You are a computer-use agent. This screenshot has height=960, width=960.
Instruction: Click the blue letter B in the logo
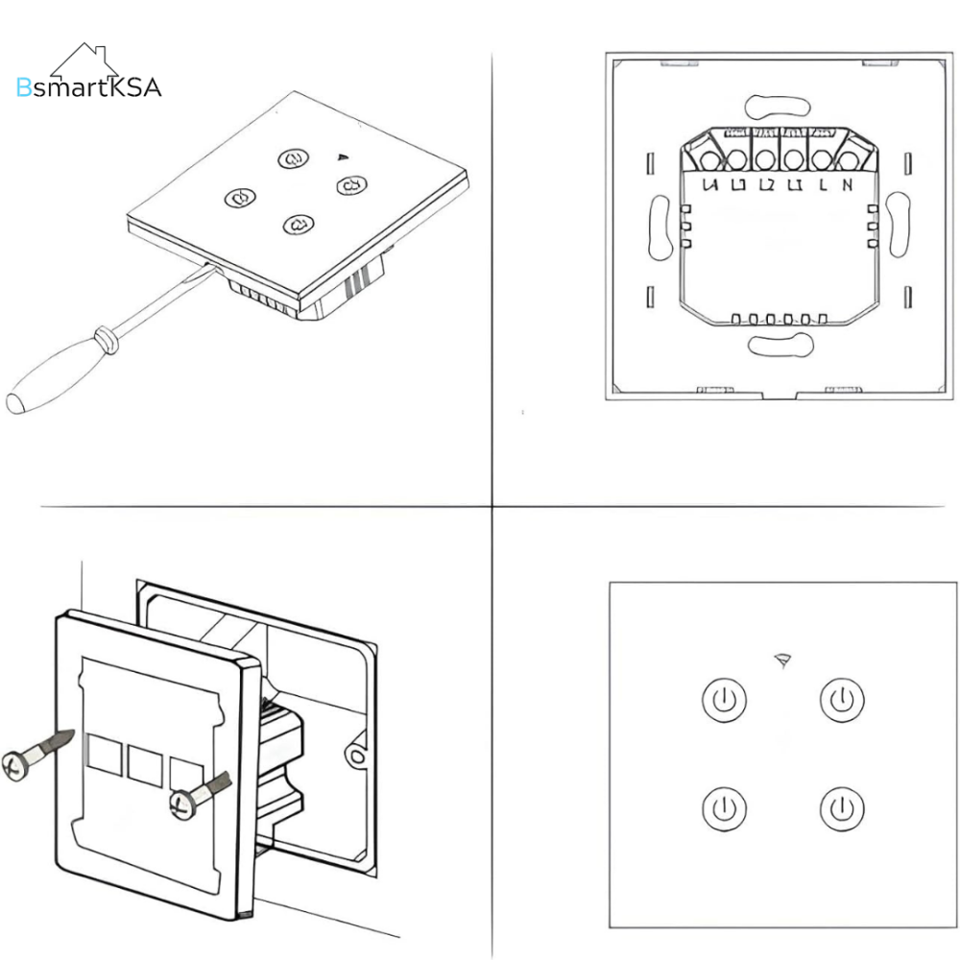click(24, 88)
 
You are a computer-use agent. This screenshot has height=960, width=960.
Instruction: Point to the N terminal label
click(846, 185)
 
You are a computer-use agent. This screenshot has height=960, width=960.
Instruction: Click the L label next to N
click(823, 185)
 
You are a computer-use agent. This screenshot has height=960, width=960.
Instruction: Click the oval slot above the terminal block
click(777, 105)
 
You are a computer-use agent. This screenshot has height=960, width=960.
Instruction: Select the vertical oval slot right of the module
click(898, 225)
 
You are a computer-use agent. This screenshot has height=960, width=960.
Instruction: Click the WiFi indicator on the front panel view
click(780, 660)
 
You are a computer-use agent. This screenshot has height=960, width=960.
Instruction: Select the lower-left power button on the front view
click(724, 809)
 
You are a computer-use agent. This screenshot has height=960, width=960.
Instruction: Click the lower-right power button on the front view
click(842, 809)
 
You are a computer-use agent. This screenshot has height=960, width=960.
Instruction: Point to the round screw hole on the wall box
click(357, 756)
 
